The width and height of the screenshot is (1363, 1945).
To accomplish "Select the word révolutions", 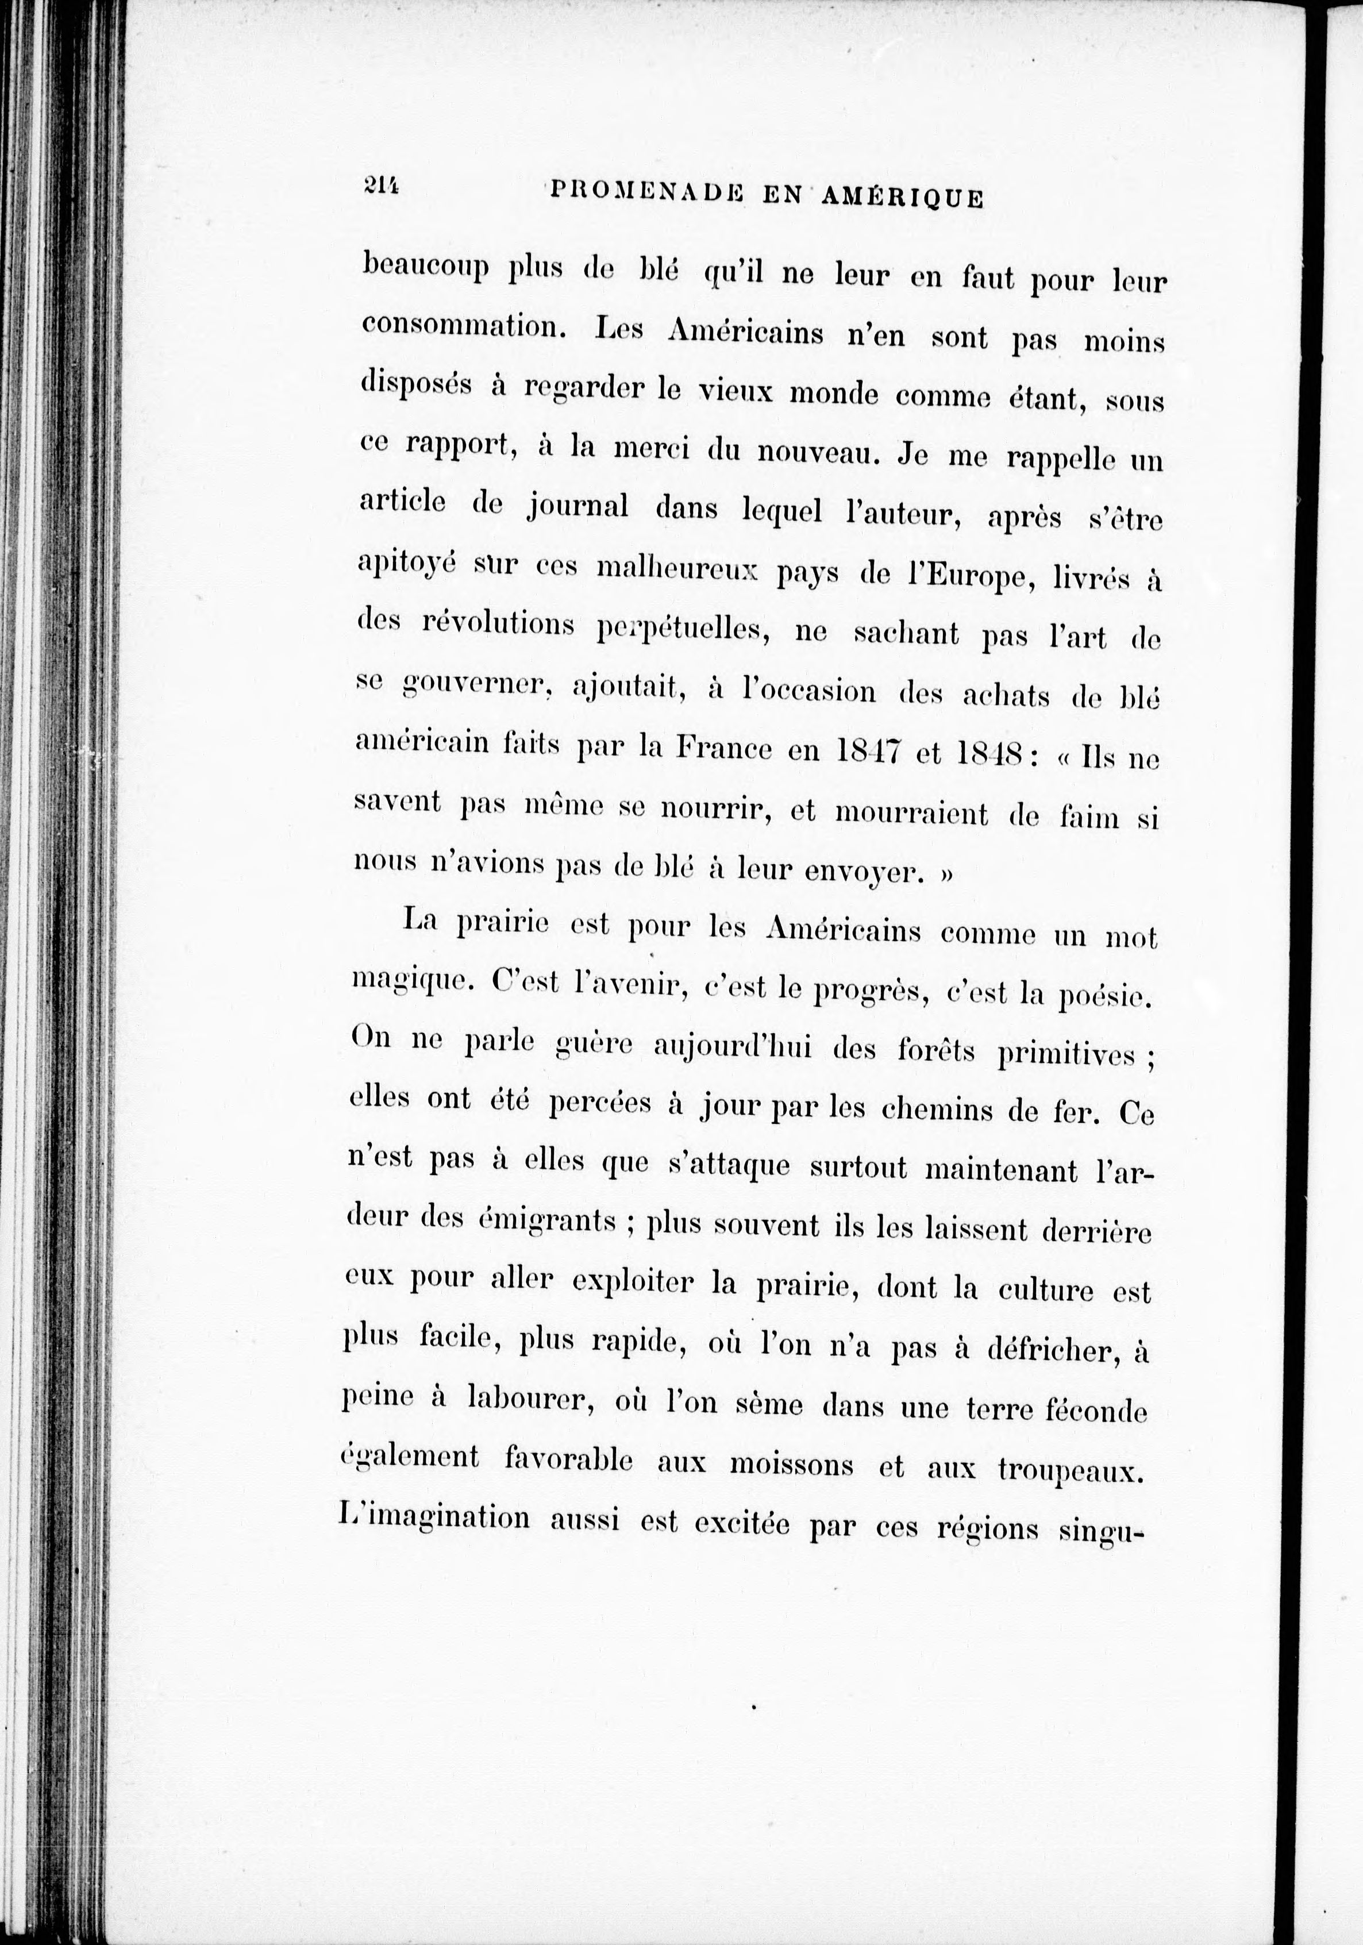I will pos(498,625).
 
